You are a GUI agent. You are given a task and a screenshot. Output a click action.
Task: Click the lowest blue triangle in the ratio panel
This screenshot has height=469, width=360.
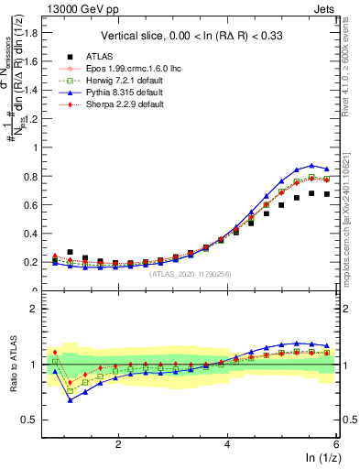71,399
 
